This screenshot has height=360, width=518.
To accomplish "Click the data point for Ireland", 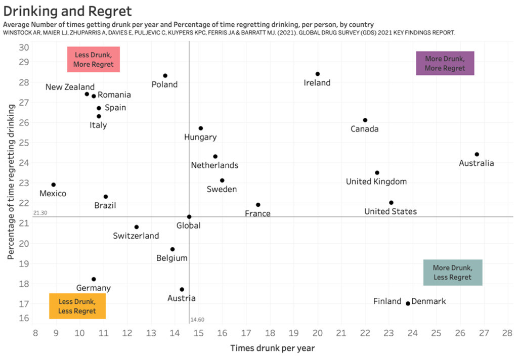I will tap(318, 74).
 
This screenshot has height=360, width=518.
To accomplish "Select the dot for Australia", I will tap(477, 154).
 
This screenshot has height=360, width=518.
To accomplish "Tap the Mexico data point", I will tap(54, 185).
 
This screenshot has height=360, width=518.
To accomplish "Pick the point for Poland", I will tap(165, 76).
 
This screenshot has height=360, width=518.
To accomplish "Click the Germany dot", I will tap(94, 279).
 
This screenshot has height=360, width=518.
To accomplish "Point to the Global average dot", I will tap(189, 216).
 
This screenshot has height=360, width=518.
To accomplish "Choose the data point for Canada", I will tap(365, 120).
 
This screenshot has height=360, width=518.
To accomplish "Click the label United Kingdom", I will tap(376, 182).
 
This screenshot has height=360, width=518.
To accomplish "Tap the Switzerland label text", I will tap(136, 236).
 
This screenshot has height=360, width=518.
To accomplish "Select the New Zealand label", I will tap(70, 87).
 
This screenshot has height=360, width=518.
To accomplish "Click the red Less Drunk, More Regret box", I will tap(94, 59).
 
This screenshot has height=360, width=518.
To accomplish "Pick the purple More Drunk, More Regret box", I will tap(445, 63).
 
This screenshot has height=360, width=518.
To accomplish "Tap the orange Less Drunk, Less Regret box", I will tap(77, 306).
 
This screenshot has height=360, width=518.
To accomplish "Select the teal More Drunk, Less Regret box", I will tap(453, 273).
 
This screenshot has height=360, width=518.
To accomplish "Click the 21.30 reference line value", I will tap(40, 213).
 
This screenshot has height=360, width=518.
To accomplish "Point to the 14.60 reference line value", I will tap(197, 320).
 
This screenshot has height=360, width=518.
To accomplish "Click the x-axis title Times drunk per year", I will tap(273, 348).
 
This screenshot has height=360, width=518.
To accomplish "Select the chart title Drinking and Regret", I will tap(67, 11).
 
